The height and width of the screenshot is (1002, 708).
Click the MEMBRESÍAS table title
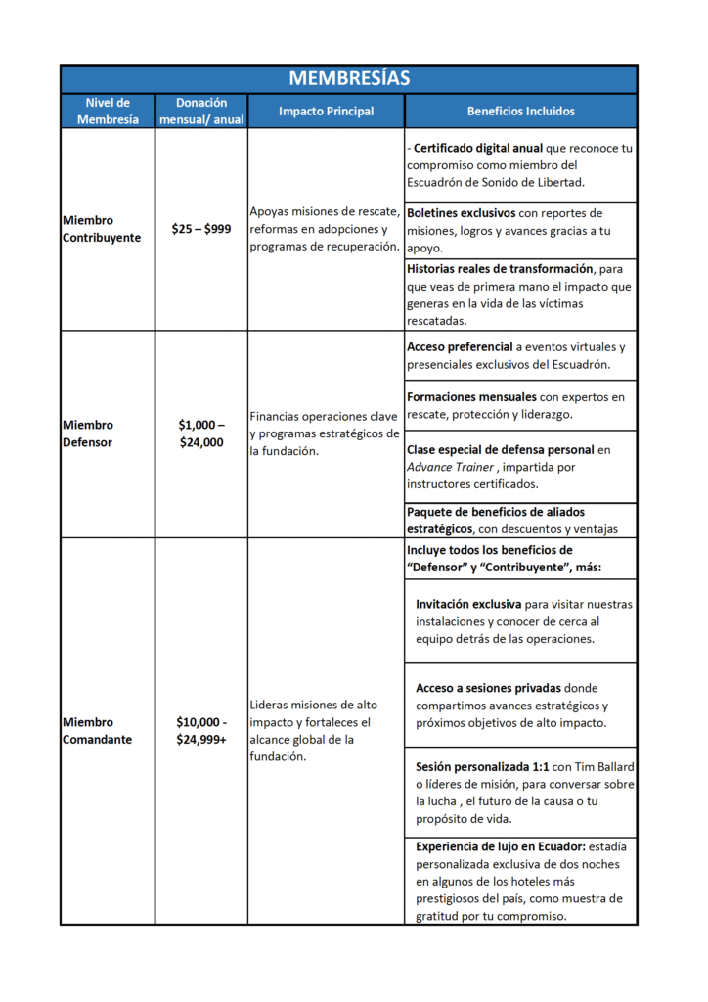[x=349, y=79]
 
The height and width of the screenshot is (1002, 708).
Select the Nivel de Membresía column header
[x=107, y=111]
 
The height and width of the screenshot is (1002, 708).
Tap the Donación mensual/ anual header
[x=201, y=111]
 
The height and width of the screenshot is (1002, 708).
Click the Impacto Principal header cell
[x=326, y=112]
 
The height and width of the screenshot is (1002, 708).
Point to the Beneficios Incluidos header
[x=520, y=112]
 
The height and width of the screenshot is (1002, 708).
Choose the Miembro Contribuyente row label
[x=101, y=229]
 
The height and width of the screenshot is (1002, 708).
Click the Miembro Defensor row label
[x=87, y=433]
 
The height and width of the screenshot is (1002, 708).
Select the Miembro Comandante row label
[x=96, y=731]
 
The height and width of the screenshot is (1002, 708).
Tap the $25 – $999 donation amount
[x=201, y=229]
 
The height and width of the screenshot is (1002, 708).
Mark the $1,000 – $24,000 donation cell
[x=201, y=433]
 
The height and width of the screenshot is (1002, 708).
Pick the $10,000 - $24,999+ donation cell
[x=201, y=731]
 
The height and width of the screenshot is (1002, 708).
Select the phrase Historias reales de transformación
[x=499, y=269]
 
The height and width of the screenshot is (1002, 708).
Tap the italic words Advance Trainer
[x=451, y=467]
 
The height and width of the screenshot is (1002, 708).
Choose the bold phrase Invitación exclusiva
[x=467, y=605]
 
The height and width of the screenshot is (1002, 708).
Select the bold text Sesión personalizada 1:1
[x=486, y=767]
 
